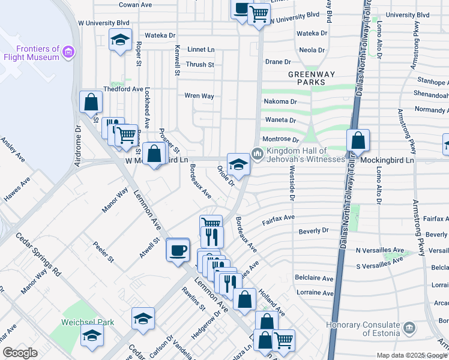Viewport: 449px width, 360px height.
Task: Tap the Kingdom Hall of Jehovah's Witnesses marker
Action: click(258, 154)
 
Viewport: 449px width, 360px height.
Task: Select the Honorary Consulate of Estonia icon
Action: click(409, 328)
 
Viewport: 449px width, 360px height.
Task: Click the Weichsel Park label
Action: click(88, 322)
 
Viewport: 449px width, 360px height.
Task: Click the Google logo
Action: click(20, 353)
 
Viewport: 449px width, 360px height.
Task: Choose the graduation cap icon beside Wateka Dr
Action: click(120, 41)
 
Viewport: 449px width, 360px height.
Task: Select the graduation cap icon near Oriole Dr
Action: click(238, 164)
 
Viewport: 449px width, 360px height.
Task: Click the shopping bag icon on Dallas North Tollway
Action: click(358, 142)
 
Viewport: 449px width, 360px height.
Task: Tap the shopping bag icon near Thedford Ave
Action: click(91, 103)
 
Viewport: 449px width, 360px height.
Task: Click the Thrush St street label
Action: click(199, 65)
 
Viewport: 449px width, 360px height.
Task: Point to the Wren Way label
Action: click(199, 96)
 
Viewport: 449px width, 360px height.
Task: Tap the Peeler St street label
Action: click(103, 252)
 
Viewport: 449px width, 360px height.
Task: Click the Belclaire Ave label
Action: click(314, 278)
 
